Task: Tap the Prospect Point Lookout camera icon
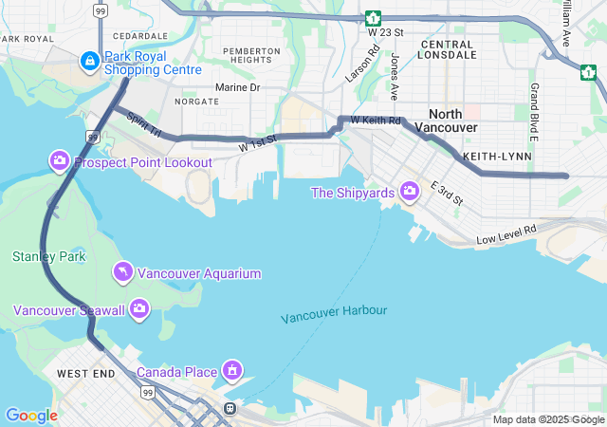click(60, 162)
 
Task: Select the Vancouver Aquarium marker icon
click(122, 273)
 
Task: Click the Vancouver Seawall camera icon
click(139, 309)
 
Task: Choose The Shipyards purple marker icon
click(410, 193)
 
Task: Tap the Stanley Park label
click(48, 256)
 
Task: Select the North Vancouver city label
click(451, 121)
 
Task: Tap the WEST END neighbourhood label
click(85, 374)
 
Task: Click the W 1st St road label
click(257, 144)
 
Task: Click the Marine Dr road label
click(237, 87)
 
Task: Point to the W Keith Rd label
click(376, 121)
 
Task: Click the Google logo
click(30, 416)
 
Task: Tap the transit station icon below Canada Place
click(230, 409)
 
